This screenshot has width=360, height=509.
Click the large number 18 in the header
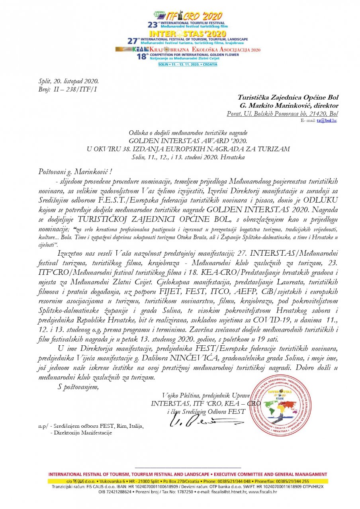142,57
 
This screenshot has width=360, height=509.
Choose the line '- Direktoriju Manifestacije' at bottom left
81,433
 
